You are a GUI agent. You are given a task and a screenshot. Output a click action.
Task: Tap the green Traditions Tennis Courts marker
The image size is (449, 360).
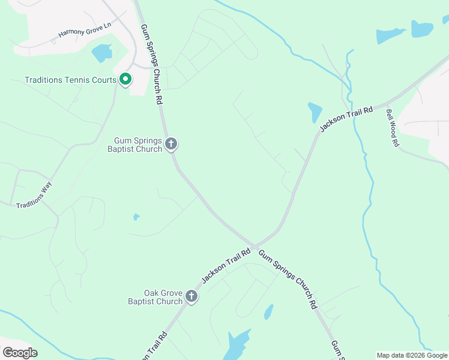pos(125,79)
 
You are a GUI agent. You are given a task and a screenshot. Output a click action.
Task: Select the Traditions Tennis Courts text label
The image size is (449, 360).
pos(70,80)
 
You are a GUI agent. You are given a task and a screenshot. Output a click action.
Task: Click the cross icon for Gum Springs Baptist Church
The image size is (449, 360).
pos(171,143)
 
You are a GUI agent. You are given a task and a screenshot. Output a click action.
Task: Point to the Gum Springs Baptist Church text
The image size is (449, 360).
pos(134,145)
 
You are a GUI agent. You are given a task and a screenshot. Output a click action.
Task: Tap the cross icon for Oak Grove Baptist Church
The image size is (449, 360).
pos(191,296)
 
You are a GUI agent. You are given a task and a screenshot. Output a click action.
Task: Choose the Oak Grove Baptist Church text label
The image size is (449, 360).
pos(155,297)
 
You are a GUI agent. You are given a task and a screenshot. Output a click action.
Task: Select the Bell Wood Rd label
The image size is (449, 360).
pos(393,127)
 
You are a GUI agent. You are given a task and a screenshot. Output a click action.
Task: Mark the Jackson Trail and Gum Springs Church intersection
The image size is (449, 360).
pos(255,246)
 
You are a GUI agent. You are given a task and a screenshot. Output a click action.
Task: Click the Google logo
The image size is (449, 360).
pos(20,353)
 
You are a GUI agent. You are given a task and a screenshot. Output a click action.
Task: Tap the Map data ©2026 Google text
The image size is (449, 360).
pos(412,355)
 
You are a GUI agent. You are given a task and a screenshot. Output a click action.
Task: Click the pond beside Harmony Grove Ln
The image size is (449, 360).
pos(101,53)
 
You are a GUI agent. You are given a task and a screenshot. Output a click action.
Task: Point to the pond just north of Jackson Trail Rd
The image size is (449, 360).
pos(315,112)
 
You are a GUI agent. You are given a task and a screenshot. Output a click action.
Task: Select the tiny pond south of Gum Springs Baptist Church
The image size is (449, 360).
pos(136,217)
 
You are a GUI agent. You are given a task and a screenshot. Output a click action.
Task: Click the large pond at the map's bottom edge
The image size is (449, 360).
pos(238,344)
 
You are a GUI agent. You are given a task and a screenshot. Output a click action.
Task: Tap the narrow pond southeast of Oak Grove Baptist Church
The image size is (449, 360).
pos(268,312)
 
